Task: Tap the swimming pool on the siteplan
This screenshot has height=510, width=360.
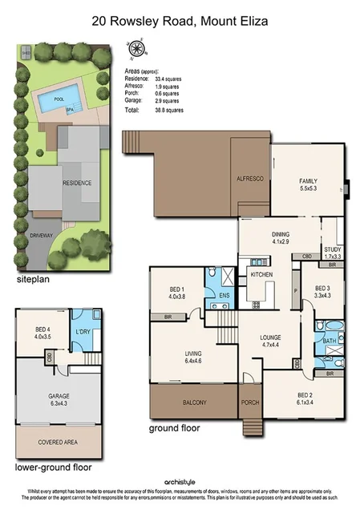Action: [x=56, y=101]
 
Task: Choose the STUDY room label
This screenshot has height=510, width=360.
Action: [x=332, y=249]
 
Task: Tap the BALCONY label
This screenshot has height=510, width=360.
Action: [x=193, y=403]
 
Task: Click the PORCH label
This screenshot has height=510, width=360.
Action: [x=250, y=403]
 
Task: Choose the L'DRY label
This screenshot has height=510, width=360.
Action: [x=81, y=332]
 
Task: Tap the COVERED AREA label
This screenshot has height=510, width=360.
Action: [x=56, y=442]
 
